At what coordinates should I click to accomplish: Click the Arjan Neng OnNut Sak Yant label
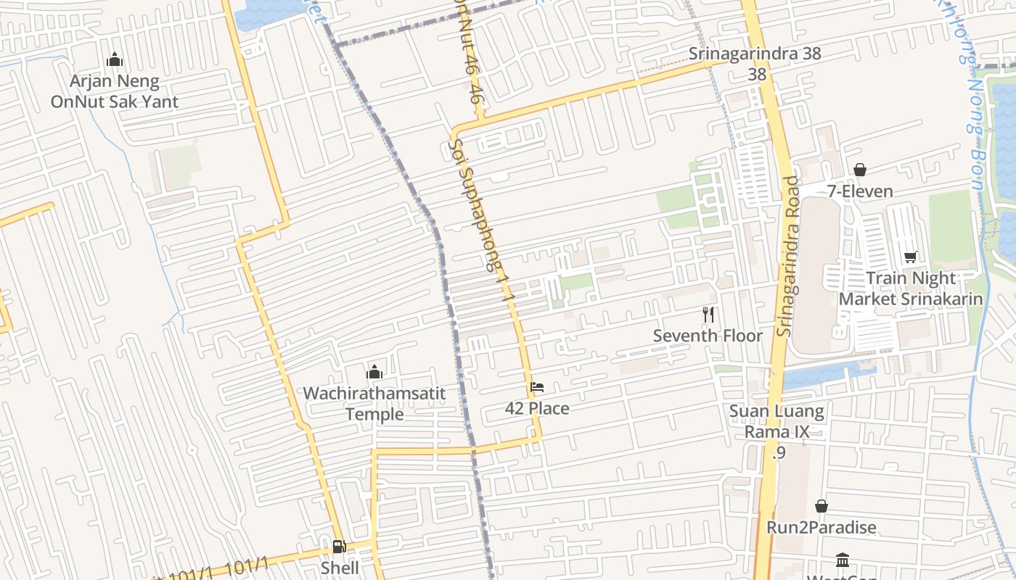click(x=114, y=91)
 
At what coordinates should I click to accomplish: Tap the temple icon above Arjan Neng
click(x=114, y=60)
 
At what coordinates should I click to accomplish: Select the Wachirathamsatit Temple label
click(x=374, y=404)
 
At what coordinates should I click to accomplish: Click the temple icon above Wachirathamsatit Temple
click(x=374, y=372)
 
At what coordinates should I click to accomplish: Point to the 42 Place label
click(x=537, y=408)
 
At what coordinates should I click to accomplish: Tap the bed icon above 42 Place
click(x=537, y=386)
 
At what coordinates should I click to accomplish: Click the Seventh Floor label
click(x=708, y=336)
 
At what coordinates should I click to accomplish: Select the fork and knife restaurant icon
click(x=708, y=314)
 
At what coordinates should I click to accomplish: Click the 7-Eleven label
click(x=860, y=191)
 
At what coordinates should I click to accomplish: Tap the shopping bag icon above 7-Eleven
click(x=860, y=170)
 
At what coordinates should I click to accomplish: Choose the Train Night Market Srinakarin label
click(x=911, y=289)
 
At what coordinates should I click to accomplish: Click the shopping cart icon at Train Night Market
click(x=911, y=257)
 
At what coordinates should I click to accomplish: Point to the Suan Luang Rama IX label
click(x=777, y=422)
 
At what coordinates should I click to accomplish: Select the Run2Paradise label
click(x=822, y=527)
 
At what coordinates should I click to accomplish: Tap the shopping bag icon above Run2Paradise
click(x=822, y=505)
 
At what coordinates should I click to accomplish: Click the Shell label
click(x=340, y=568)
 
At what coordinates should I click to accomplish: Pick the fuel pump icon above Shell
click(x=339, y=546)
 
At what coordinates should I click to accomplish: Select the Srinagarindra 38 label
click(x=755, y=54)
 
